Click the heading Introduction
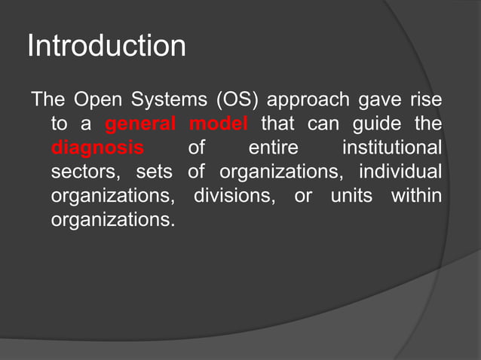click(106, 47)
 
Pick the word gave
click(376, 100)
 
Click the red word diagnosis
click(97, 148)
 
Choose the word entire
click(273, 148)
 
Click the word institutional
click(391, 148)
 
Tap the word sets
click(155, 172)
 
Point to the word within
click(416, 197)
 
